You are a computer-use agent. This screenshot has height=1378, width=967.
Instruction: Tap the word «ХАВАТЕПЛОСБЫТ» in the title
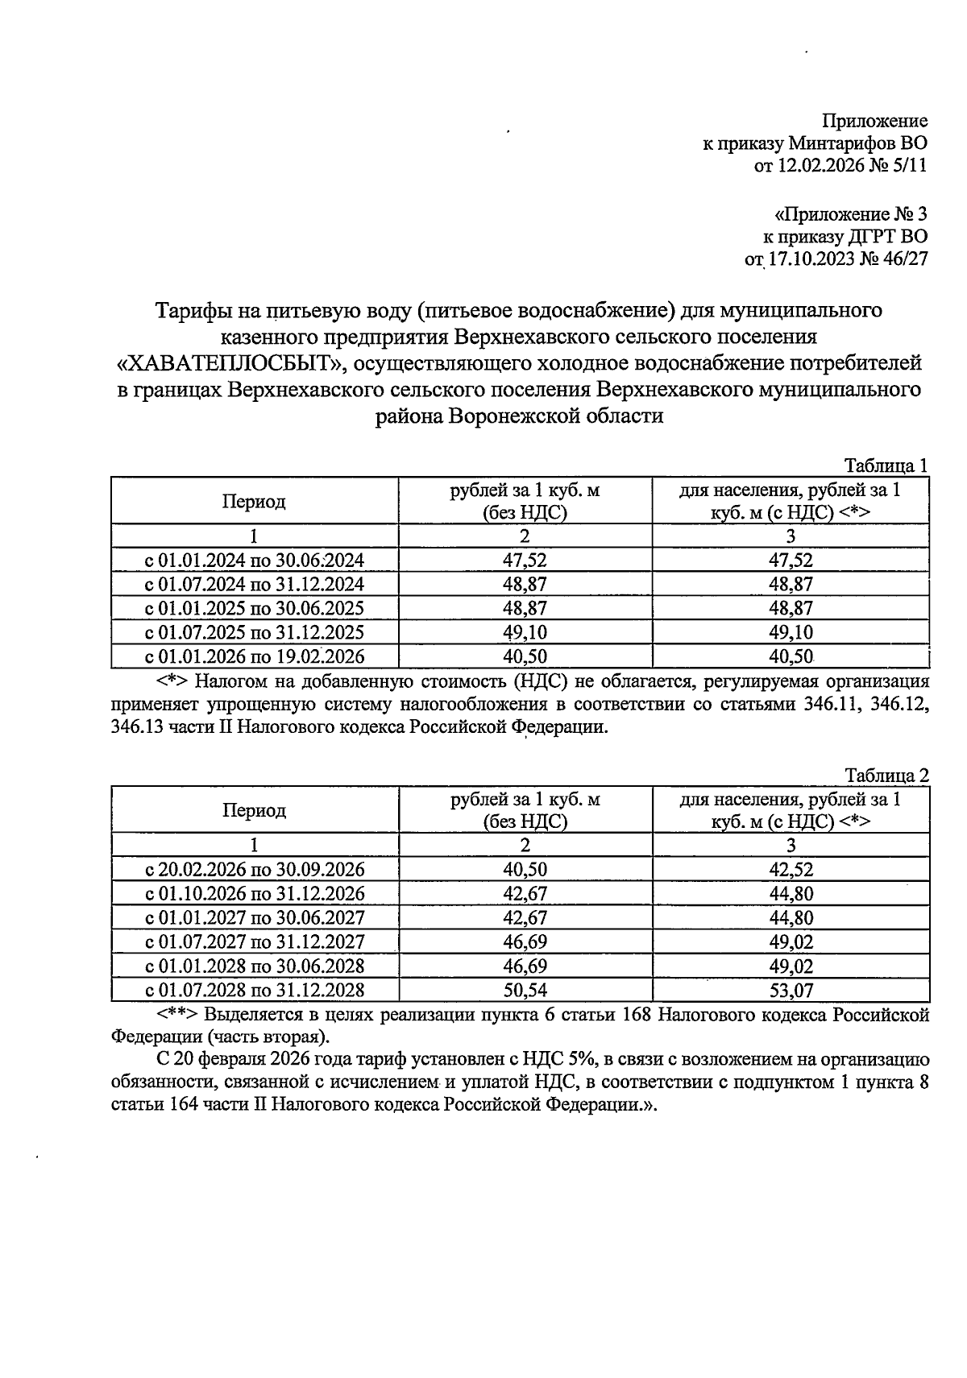point(229,363)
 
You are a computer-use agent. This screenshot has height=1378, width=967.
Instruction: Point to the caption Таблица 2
point(886,776)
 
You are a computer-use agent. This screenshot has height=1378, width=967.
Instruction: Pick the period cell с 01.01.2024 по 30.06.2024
point(254,561)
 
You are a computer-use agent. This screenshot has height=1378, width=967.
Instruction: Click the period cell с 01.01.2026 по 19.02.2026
point(254,656)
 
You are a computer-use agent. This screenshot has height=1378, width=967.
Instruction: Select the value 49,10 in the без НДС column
point(525,632)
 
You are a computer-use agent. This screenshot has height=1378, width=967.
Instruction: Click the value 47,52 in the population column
point(791,561)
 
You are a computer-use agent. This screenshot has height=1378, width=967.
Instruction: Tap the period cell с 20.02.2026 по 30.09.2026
point(254,870)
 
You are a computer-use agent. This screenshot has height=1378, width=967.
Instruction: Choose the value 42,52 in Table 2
point(791,870)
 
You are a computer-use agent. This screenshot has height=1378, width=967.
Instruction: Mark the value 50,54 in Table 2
point(525,990)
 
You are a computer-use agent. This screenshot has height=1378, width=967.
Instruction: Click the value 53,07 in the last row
point(791,990)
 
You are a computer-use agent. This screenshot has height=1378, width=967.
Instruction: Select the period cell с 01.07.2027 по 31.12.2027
point(254,941)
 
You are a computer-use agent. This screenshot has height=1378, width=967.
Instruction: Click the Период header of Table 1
point(254,502)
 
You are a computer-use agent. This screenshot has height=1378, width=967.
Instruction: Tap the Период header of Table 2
point(254,810)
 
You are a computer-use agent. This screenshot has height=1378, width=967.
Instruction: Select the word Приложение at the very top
point(874,122)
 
